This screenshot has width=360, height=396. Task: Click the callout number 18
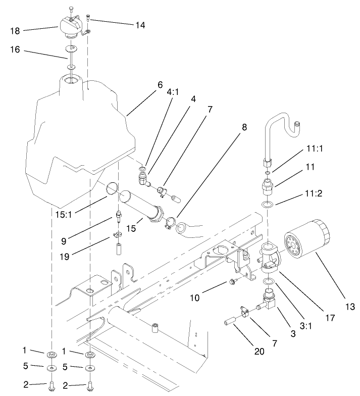coord(15,30)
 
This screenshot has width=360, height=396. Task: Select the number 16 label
coord(15,52)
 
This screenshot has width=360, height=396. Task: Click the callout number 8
coord(244,128)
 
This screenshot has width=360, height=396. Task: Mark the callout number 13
coord(350,307)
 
